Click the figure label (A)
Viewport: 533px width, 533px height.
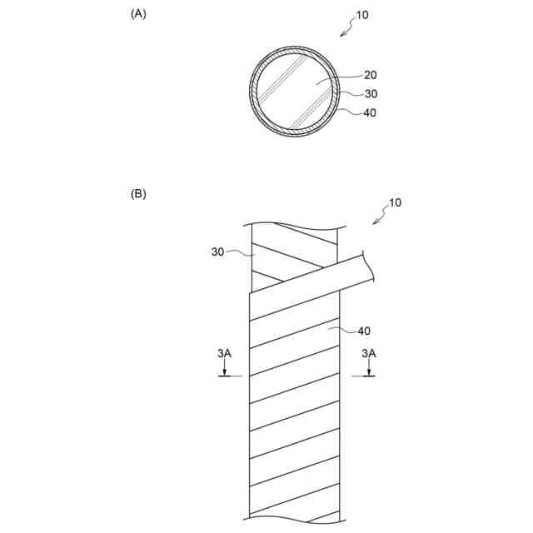point(138,13)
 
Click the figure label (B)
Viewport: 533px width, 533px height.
point(138,194)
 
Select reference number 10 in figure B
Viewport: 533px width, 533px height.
point(394,202)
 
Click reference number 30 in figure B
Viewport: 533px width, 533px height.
point(218,251)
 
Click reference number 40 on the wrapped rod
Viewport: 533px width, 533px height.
point(364,331)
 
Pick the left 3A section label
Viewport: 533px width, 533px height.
point(224,353)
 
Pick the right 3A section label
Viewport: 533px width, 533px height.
point(368,353)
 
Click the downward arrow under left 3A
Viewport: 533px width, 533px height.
point(224,368)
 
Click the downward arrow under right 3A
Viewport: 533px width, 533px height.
point(368,368)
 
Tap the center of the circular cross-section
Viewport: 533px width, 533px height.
point(296,92)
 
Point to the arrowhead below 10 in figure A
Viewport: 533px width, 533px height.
point(343,34)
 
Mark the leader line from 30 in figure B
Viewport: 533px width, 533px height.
point(239,252)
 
